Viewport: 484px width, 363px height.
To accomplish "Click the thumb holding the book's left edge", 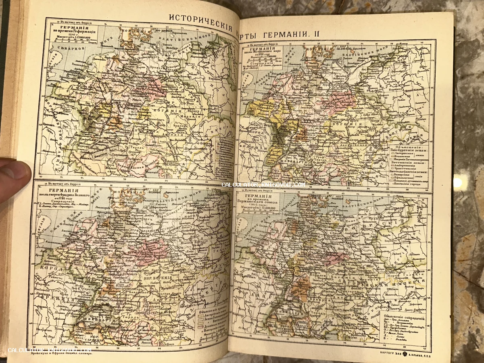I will (14, 177).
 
